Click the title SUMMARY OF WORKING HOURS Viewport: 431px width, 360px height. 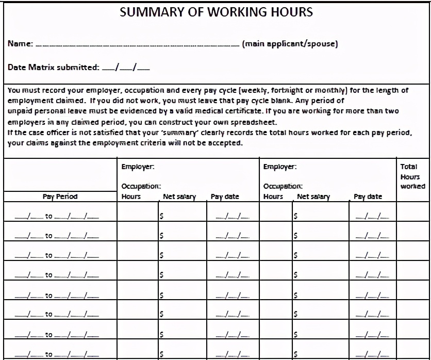216,12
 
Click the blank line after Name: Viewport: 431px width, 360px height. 137,45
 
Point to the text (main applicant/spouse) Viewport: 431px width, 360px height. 290,44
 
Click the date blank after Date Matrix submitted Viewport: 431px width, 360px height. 126,68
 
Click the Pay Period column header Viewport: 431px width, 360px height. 60,197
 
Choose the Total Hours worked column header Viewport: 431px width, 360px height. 412,176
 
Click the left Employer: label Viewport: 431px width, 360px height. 138,167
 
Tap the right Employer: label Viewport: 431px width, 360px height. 279,167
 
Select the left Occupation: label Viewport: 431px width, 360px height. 141,186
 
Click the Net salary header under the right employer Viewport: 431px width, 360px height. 313,197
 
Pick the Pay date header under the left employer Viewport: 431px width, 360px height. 225,197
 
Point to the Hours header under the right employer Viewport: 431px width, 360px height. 273,197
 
